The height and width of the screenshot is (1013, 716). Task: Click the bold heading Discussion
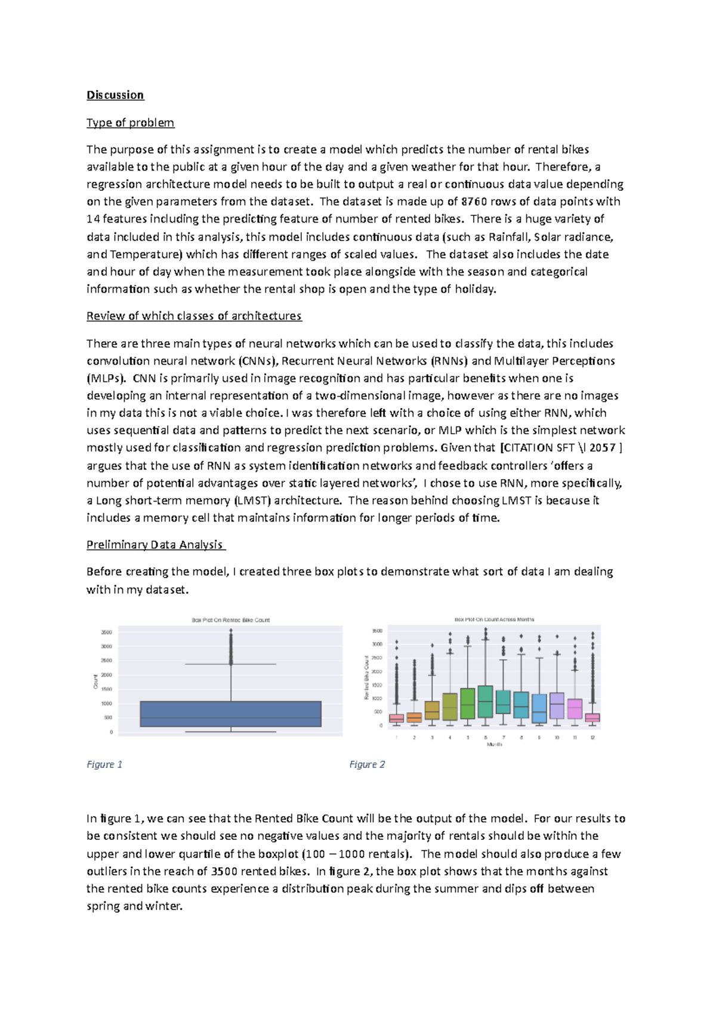115,95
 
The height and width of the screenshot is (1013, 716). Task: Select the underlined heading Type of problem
130,122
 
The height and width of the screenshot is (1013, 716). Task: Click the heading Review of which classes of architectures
194,316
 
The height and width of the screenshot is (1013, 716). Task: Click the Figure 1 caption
104,764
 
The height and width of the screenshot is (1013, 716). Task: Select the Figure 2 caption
367,764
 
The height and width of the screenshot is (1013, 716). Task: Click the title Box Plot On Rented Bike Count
230,620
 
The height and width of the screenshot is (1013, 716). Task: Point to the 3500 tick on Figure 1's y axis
106,632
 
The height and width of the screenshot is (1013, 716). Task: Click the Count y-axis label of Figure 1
95,681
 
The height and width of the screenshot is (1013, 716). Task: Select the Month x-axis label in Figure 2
494,745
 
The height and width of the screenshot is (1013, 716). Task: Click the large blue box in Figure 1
230,714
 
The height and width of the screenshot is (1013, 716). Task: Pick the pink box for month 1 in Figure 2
396,718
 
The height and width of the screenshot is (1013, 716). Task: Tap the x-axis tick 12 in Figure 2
592,738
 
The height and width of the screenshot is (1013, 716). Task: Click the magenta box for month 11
575,709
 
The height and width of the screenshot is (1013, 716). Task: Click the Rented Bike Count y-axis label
366,677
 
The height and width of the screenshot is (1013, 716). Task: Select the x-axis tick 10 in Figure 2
557,738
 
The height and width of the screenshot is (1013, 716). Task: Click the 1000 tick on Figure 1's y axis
106,703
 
